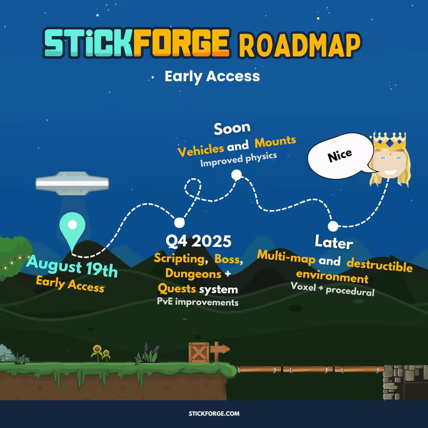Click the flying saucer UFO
point(73,183)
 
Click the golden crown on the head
point(390,141)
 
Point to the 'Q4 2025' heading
point(199,241)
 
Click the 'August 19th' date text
point(72,266)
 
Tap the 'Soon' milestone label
point(232,128)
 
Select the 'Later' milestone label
point(334,242)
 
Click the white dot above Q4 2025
point(180,222)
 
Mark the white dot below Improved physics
point(236,175)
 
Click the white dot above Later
point(333,226)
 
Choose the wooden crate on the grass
point(199,352)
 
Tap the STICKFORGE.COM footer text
point(214,413)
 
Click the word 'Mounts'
point(275,142)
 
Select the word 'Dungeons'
point(193,274)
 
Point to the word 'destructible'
point(379,265)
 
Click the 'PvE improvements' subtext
point(198,302)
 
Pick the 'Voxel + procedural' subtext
point(332,289)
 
